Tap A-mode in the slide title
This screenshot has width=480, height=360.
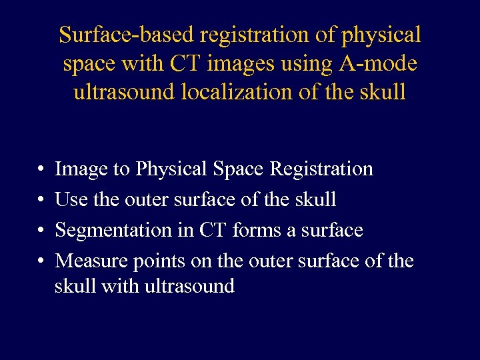(x=382, y=63)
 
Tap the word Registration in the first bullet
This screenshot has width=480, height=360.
(x=321, y=169)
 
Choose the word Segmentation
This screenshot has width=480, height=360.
(x=123, y=231)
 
